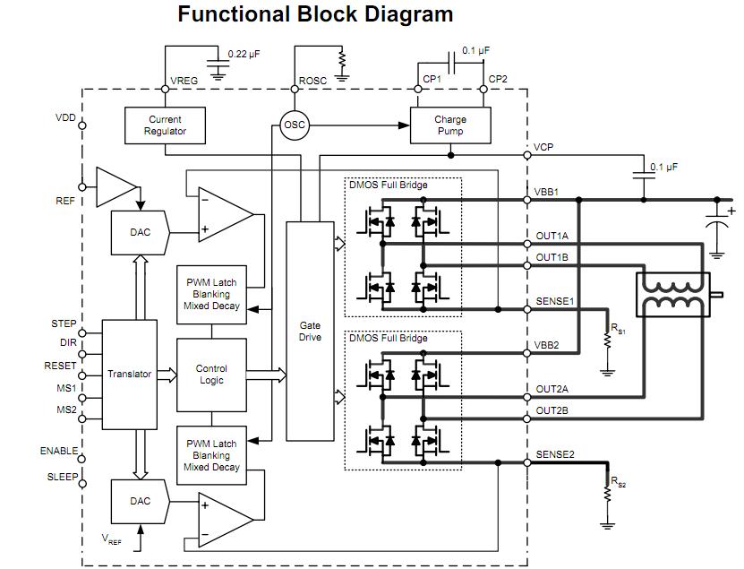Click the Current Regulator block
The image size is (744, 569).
click(165, 125)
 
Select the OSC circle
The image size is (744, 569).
click(295, 125)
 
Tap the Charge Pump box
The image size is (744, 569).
click(450, 125)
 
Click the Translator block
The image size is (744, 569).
click(130, 374)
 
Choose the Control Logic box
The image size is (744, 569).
click(211, 374)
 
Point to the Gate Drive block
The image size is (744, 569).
click(310, 332)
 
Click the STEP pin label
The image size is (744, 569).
click(63, 324)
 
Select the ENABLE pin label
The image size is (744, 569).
click(59, 452)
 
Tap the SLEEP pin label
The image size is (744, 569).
click(63, 478)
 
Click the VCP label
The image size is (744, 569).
click(543, 147)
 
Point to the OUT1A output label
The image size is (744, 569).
click(552, 236)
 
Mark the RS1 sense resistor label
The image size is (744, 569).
click(619, 330)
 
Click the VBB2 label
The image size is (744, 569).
click(547, 345)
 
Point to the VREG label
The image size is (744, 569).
click(184, 81)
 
